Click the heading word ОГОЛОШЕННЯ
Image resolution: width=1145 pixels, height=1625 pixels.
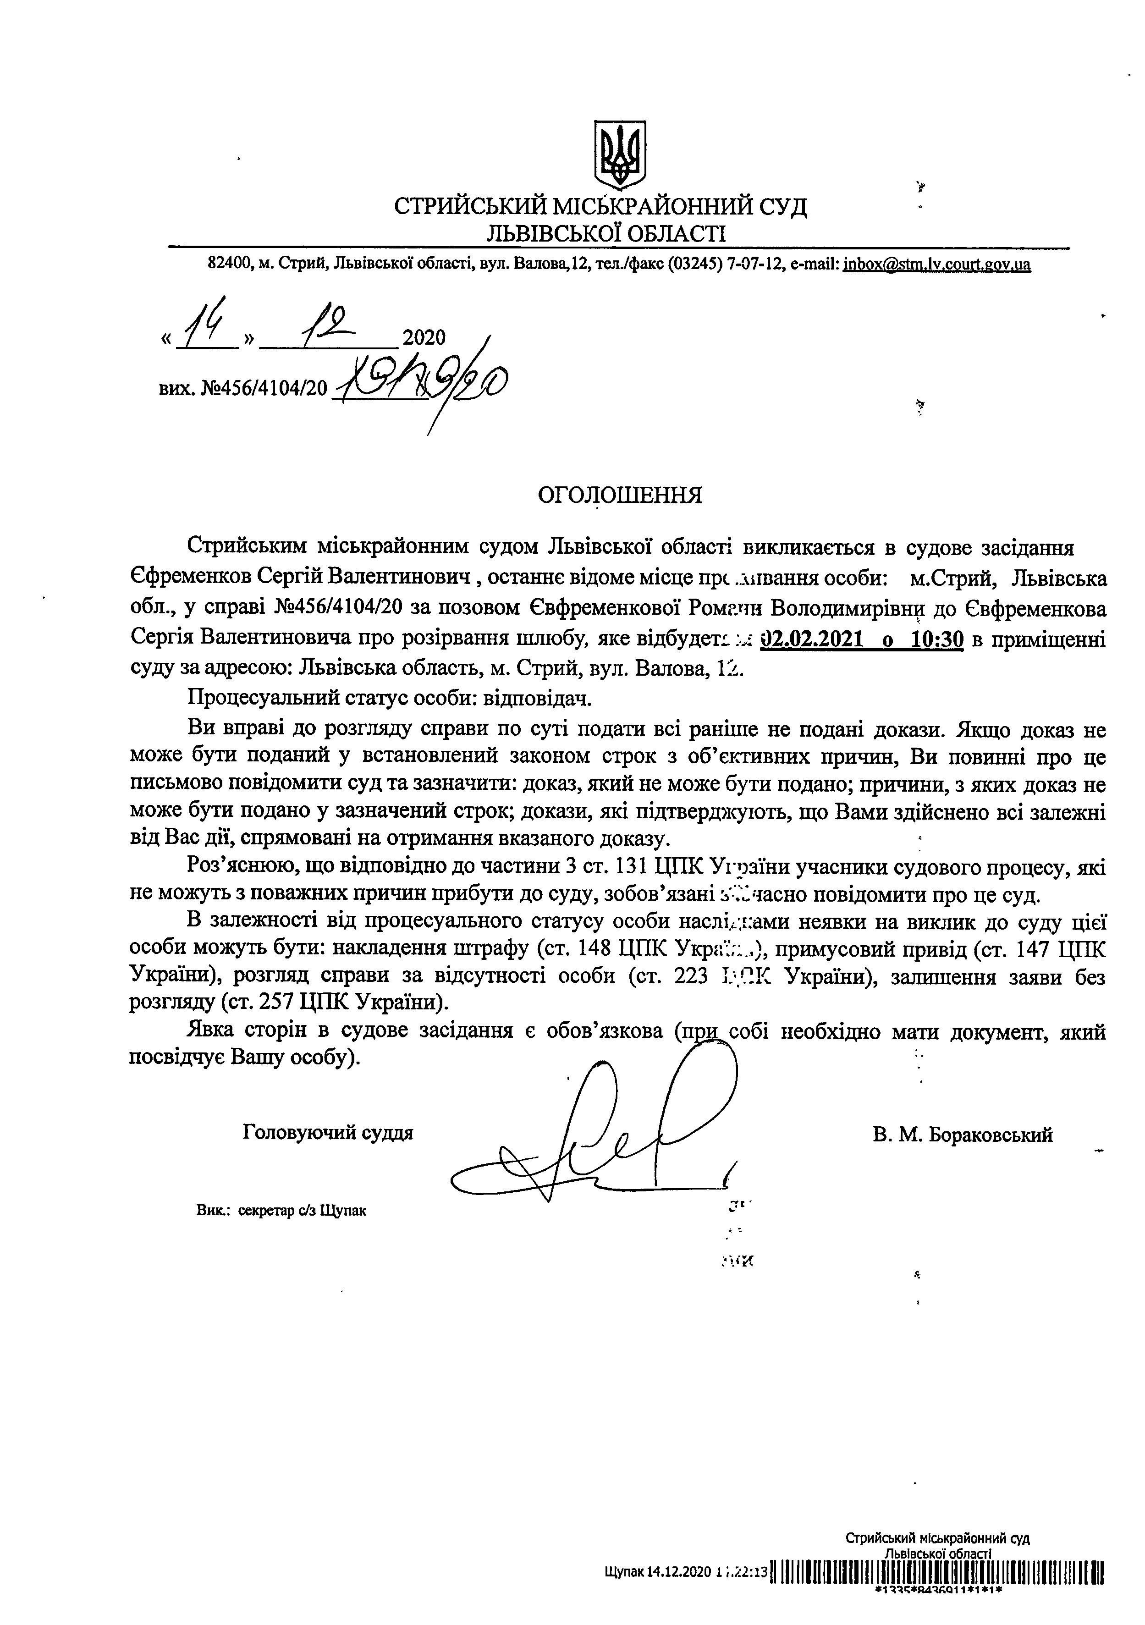coord(620,495)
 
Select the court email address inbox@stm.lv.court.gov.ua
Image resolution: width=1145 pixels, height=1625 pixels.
coord(937,264)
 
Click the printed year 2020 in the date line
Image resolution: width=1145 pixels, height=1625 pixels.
coord(424,337)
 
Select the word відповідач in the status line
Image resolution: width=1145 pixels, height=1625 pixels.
coord(536,699)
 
